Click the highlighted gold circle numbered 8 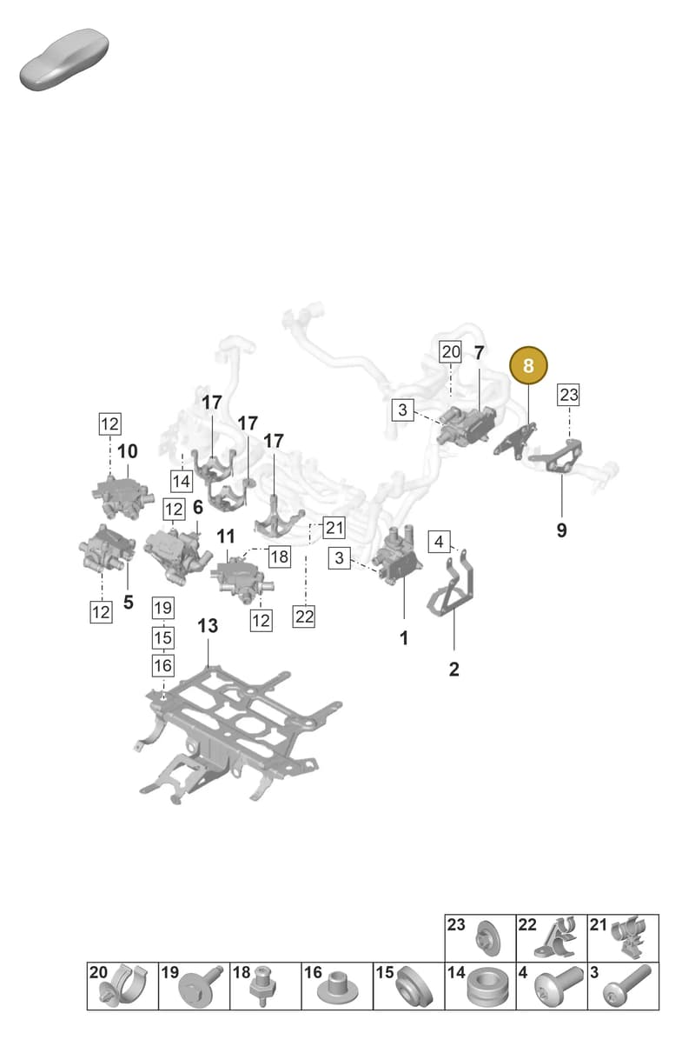point(528,365)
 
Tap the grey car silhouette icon point(64,60)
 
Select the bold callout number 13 point(208,626)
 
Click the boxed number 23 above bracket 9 point(569,395)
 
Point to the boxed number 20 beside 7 point(450,351)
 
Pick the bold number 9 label point(561,530)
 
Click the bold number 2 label point(453,669)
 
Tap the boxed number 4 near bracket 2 point(439,542)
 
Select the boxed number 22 point(304,616)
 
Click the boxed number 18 point(280,556)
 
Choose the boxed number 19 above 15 point(163,608)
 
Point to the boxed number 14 point(182,481)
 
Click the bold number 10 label point(127,451)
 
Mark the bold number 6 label point(198,507)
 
